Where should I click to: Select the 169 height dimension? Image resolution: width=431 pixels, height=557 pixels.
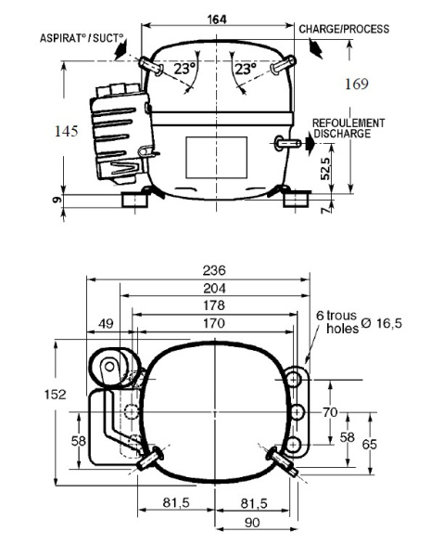[x=357, y=84]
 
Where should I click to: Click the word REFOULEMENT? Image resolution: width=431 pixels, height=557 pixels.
[x=349, y=123]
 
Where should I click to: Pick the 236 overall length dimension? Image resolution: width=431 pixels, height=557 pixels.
[x=213, y=270]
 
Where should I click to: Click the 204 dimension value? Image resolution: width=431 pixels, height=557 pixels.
[x=213, y=288]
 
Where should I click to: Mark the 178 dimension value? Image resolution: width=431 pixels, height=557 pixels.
[x=213, y=305]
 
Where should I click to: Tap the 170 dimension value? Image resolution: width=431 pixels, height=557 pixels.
[x=213, y=324]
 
